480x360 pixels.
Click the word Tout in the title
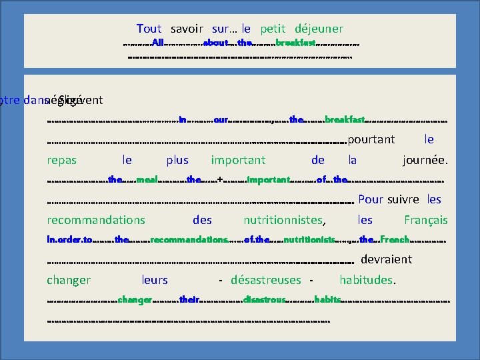coord(149,29)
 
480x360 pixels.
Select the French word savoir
coord(187,29)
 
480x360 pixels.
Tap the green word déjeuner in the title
coord(319,29)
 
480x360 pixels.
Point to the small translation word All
coord(158,43)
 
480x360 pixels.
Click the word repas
coord(62,160)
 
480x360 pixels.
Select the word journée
coord(425,160)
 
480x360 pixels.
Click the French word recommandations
coord(96,220)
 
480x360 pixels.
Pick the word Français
coord(426,220)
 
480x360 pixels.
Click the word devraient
coord(387,259)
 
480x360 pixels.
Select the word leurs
coord(155,280)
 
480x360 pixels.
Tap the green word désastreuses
coord(266,280)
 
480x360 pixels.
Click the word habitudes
coord(368,280)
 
